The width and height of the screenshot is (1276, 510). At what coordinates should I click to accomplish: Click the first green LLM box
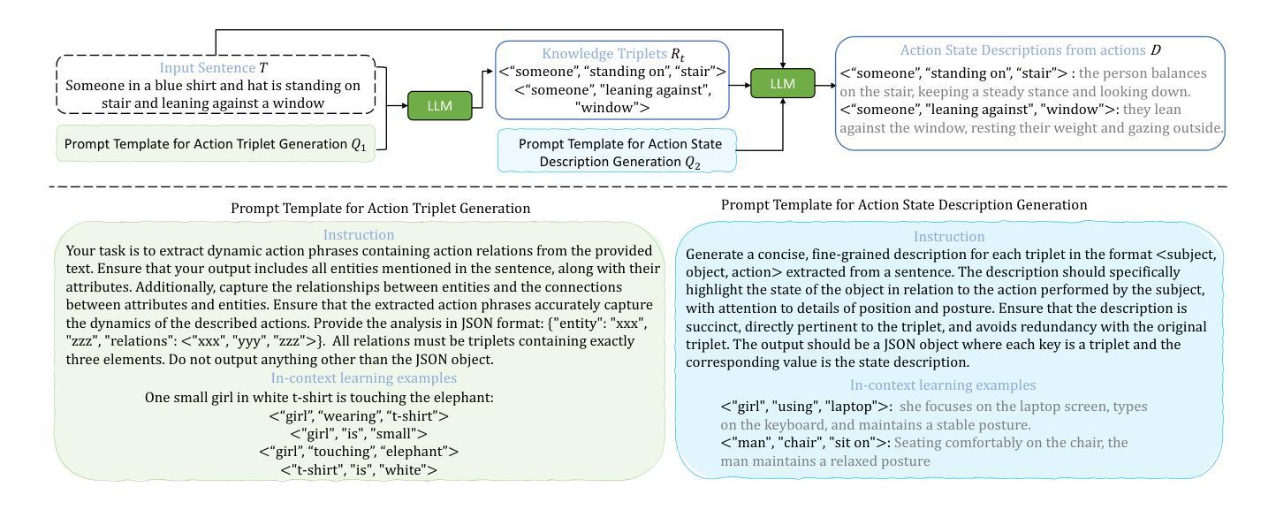click(x=440, y=105)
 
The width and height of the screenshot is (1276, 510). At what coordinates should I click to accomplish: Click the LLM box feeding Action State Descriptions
click(x=783, y=83)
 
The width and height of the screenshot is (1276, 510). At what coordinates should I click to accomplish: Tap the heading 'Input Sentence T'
click(x=213, y=68)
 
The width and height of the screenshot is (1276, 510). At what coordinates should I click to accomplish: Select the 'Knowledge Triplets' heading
click(x=613, y=54)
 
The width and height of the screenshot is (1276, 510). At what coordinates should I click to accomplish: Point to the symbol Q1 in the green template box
click(x=358, y=145)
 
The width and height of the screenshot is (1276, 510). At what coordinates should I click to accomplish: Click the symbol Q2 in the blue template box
click(x=692, y=163)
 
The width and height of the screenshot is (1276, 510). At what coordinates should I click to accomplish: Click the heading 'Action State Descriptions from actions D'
click(x=1030, y=50)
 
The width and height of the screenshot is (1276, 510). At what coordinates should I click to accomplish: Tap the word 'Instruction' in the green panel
click(x=358, y=235)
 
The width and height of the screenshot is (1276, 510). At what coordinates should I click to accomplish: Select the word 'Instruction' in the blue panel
click(x=949, y=237)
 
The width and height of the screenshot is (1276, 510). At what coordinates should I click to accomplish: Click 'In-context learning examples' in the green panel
click(x=363, y=377)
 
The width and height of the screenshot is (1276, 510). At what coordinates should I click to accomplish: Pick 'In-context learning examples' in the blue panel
click(x=943, y=385)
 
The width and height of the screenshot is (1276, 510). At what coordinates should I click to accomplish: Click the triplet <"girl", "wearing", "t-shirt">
click(x=359, y=416)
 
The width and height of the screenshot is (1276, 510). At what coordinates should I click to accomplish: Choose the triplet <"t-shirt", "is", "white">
click(x=359, y=470)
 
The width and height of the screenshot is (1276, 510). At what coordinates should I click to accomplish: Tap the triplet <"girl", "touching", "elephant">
click(x=359, y=452)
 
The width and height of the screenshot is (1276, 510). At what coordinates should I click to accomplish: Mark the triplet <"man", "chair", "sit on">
click(x=806, y=443)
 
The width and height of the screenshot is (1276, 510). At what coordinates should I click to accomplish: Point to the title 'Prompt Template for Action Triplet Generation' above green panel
click(x=381, y=209)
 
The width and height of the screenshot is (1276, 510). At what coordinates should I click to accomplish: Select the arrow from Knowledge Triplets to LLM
click(x=740, y=86)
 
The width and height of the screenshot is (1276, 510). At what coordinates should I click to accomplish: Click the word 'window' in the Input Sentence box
click(x=299, y=103)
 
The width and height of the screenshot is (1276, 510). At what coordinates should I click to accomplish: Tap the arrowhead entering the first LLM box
click(x=405, y=105)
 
